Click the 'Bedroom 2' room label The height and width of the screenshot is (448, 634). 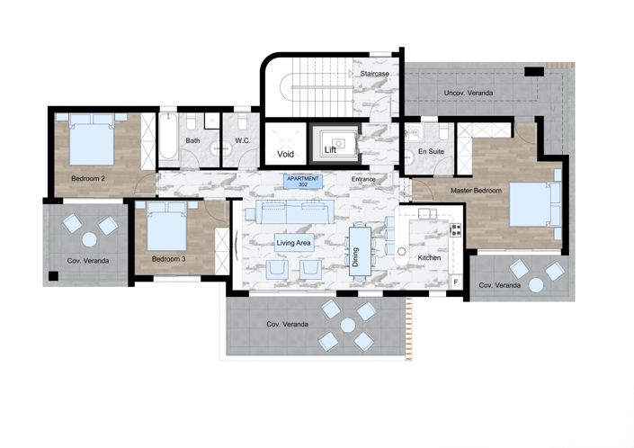pos(88,179)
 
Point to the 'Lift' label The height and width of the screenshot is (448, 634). pos(330,149)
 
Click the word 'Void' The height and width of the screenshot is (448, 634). pos(287,154)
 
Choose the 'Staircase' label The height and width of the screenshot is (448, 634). pos(372,74)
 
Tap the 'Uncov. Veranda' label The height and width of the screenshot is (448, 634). pos(468,94)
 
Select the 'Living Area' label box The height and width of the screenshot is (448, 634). pos(293,241)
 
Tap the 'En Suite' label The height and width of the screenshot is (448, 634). pos(432,152)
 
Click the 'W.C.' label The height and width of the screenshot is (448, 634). pos(242,141)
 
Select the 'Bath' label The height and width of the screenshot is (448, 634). pos(193,141)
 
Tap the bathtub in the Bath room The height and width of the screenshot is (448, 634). pos(169,139)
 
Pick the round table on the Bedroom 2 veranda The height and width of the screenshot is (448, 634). pos(90,239)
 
